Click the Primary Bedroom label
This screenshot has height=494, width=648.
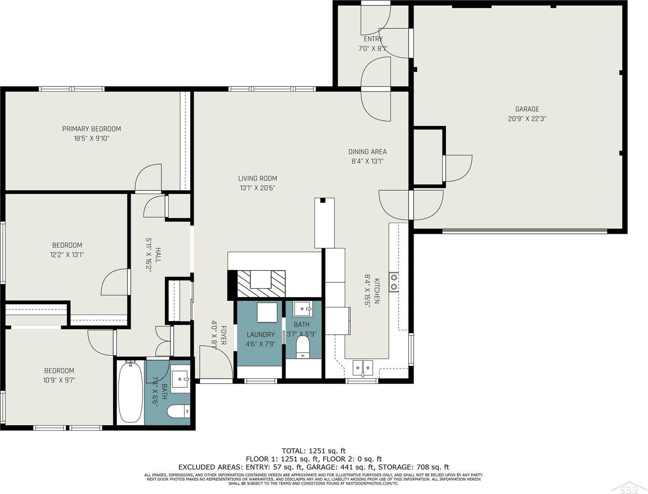pos(91,129)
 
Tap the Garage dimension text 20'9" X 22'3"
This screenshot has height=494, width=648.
pos(527,119)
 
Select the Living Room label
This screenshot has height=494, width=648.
pos(257,178)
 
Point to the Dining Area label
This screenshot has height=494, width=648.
pos(367,151)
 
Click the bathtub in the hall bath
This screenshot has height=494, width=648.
pos(131,392)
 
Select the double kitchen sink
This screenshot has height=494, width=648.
pos(363,368)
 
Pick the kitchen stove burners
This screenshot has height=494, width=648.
pos(393,282)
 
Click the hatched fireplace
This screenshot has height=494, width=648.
pos(261,284)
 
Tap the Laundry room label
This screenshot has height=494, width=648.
pos(261,334)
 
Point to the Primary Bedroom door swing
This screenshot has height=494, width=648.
pos(148,177)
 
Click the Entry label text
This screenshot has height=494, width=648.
pos(373,39)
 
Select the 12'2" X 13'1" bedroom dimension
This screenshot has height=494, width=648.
pos(67,254)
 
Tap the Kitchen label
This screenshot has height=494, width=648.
pos(377,291)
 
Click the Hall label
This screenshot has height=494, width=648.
pos(158,255)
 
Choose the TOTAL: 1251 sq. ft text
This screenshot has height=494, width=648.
pos(313,451)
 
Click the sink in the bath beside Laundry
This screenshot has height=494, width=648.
pos(303,308)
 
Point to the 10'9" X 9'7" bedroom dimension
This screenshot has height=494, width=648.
pos(59,380)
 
